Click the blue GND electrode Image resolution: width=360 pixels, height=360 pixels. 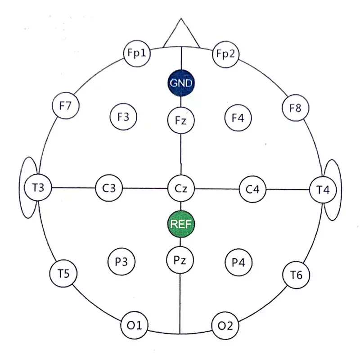pyautogui.click(x=180, y=83)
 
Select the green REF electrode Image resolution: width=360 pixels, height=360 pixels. pyautogui.click(x=180, y=224)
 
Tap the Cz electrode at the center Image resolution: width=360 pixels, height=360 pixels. pyautogui.click(x=180, y=188)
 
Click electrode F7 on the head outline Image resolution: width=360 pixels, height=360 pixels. pyautogui.click(x=66, y=106)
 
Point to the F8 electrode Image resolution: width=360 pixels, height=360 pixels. pyautogui.click(x=296, y=108)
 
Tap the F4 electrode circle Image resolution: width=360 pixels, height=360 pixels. pyautogui.click(x=238, y=118)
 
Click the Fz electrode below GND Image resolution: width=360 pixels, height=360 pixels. pyautogui.click(x=180, y=120)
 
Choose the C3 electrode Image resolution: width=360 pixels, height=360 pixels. pyautogui.click(x=109, y=188)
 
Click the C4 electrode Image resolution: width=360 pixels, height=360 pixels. pyautogui.click(x=253, y=189)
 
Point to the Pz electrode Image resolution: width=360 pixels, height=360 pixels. pyautogui.click(x=180, y=260)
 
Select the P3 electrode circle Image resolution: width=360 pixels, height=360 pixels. pyautogui.click(x=122, y=261)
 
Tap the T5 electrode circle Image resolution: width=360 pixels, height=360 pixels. pyautogui.click(x=63, y=273)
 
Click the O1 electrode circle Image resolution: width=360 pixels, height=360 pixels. pyautogui.click(x=136, y=324)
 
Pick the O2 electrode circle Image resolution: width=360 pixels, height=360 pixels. pyautogui.click(x=226, y=325)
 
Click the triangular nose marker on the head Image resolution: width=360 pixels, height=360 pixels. pyautogui.click(x=181, y=36)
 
